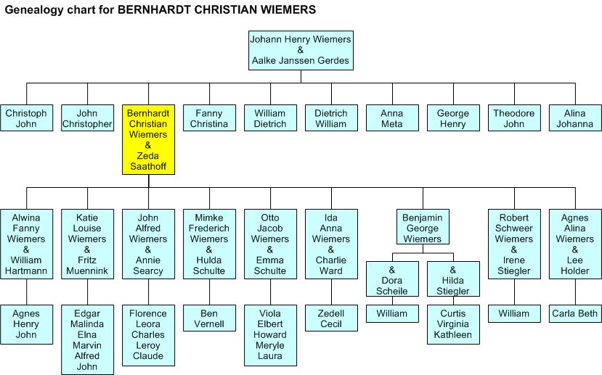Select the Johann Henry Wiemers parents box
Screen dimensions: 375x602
(x=300, y=50)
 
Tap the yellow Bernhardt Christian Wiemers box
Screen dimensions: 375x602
(x=149, y=139)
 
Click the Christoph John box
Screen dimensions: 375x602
(x=27, y=118)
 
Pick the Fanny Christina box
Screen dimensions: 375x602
(x=209, y=118)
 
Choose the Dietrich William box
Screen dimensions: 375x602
(x=331, y=118)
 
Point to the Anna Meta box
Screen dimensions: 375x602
(x=392, y=118)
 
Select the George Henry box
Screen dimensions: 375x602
(x=453, y=118)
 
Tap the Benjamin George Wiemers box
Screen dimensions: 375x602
(x=422, y=228)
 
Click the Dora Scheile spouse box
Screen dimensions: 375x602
(x=392, y=280)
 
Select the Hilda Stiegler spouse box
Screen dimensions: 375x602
(x=453, y=280)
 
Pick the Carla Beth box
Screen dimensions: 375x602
(x=575, y=313)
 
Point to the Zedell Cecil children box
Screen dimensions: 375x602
(x=331, y=318)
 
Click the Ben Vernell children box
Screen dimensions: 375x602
(x=209, y=318)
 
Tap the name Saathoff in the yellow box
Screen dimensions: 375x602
(x=149, y=166)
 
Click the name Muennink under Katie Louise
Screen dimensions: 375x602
(x=87, y=271)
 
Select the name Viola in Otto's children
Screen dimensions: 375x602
(x=270, y=313)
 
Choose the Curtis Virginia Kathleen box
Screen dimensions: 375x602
(x=453, y=324)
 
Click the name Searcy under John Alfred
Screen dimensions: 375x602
(x=148, y=271)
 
